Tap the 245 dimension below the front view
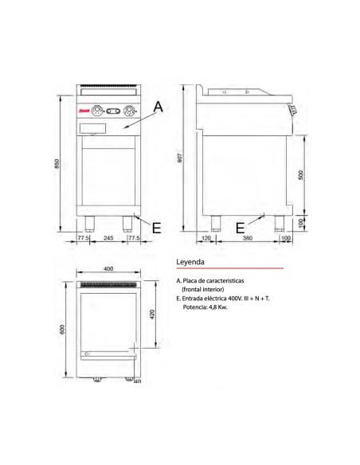coord(109,238)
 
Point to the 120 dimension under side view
coord(206,238)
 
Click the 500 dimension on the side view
coord(300,176)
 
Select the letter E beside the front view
coord(156,227)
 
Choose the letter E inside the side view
coord(241,227)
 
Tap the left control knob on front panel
coord(98,111)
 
